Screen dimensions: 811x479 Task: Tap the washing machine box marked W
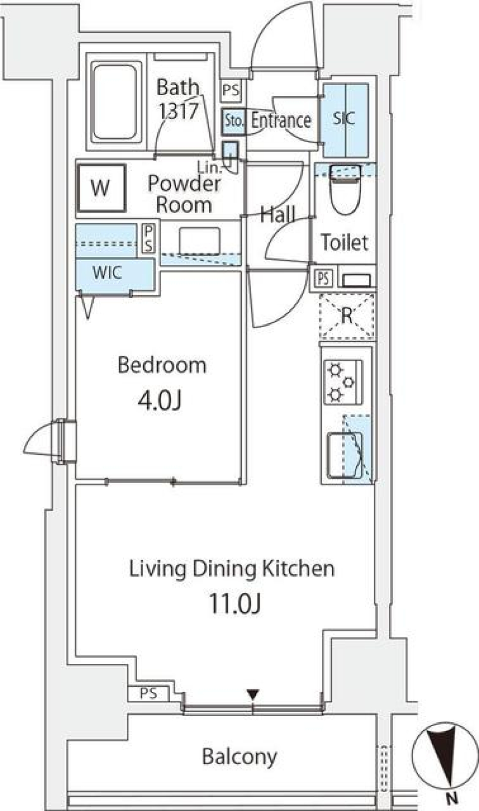point(101,188)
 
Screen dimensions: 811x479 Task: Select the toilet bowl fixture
point(345,192)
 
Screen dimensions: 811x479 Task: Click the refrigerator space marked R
point(347,315)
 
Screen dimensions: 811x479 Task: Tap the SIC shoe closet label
point(344,119)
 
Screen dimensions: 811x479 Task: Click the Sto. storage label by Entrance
point(233,120)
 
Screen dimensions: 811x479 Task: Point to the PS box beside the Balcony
point(148,693)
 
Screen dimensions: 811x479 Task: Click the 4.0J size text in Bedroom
point(160,400)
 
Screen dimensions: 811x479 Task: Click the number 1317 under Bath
point(178,111)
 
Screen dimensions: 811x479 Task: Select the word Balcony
point(239,757)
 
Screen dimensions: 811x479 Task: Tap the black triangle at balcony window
point(253,694)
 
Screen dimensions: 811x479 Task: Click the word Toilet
point(344,242)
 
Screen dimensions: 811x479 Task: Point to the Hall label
point(277,215)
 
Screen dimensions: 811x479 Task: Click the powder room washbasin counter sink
point(199,241)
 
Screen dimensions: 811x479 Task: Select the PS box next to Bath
point(231,91)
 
